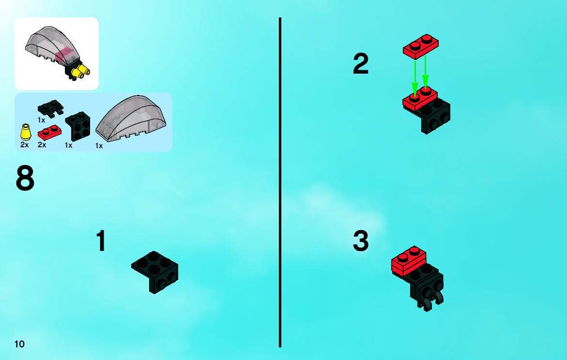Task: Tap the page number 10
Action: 19,344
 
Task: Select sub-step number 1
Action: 101,241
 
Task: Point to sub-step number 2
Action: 361,63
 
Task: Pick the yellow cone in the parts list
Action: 25,132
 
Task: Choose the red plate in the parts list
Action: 49,133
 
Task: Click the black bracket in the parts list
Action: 77,126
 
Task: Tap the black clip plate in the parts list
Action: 50,108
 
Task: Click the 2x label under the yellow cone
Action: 24,145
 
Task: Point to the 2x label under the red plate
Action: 42,145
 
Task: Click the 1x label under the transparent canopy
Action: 99,145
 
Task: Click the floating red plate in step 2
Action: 421,47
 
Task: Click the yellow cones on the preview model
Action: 81,71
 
